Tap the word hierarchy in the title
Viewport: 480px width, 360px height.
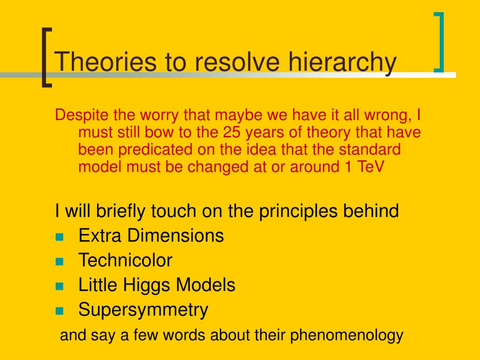(343, 63)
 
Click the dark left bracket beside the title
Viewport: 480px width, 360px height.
(46, 58)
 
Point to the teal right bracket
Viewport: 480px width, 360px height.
(439, 42)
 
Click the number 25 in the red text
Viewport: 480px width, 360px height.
(232, 132)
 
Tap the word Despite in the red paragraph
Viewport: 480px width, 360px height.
(82, 115)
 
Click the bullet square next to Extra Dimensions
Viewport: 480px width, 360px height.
(60, 237)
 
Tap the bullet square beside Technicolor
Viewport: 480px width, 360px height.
(60, 262)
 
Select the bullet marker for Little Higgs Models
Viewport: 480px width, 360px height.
(60, 286)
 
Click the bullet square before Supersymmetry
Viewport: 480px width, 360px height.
(60, 311)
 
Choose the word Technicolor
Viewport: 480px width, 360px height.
(126, 260)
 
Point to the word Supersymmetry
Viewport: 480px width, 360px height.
(143, 310)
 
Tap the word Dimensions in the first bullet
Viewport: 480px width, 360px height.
(175, 235)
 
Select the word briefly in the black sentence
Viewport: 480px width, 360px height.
(121, 211)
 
